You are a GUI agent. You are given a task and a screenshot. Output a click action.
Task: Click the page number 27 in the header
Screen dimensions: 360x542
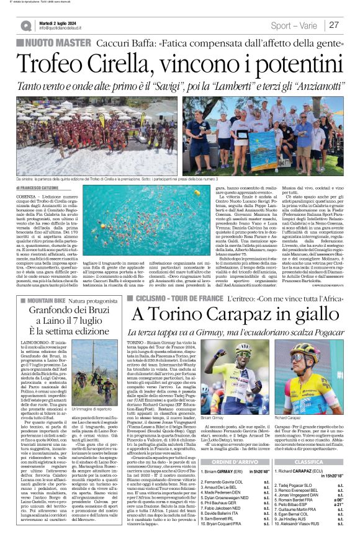tap(334, 25)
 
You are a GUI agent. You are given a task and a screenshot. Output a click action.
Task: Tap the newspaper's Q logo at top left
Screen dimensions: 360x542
tap(26, 25)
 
